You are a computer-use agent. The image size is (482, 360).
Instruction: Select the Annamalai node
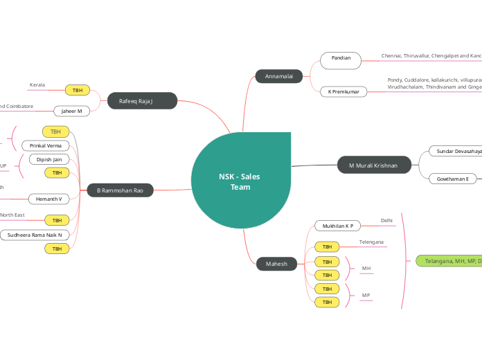[278, 76]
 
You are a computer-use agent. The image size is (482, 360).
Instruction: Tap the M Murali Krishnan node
[373, 165]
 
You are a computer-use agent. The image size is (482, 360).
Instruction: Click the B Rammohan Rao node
[120, 190]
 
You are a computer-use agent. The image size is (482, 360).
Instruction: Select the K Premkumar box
[343, 91]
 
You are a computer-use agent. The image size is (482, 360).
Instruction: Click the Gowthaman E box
[452, 179]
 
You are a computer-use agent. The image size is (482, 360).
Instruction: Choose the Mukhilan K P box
[338, 226]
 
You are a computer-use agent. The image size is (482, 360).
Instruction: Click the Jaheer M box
[72, 111]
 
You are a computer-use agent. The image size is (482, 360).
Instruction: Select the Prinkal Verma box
[46, 145]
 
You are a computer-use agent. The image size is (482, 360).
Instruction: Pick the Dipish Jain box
[49, 159]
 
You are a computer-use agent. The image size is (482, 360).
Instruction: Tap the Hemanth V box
[49, 199]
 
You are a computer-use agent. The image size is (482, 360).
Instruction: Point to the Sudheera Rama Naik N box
[35, 235]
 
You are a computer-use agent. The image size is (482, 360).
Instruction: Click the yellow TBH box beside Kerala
[78, 90]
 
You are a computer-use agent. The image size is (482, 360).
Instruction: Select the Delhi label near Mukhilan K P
[386, 221]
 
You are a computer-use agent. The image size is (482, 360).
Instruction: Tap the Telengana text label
[371, 242]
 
